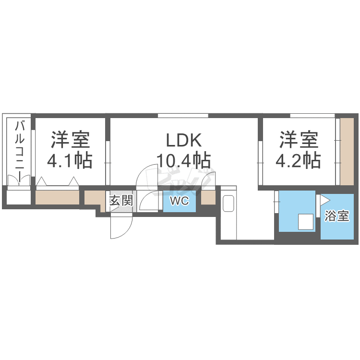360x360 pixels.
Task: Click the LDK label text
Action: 185,140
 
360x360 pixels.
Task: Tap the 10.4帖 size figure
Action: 184,160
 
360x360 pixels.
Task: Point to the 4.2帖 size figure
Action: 298,160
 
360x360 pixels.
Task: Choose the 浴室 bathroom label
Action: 336,216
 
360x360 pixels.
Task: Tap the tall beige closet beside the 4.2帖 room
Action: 346,151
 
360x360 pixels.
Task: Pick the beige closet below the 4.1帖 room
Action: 58,198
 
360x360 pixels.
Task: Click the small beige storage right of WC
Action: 208,198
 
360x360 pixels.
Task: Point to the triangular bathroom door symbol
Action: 325,200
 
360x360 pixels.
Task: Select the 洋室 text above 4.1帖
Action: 71,140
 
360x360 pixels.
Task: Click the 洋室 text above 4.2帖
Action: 299,140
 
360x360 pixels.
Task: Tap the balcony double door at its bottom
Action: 19,181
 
